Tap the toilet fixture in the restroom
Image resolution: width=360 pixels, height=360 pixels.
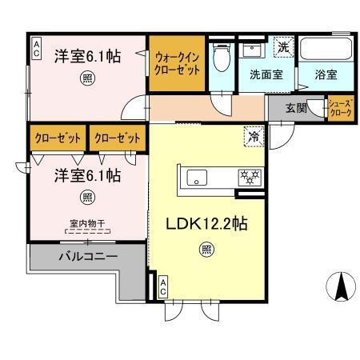222,58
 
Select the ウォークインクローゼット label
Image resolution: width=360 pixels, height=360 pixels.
178,64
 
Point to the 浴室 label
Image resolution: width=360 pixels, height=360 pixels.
325,74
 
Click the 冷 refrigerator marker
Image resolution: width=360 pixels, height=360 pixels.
254,138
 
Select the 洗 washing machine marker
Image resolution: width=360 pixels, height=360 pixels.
282,47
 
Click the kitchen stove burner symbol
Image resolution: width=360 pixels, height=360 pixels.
247,176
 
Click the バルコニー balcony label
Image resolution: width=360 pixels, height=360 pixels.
88,258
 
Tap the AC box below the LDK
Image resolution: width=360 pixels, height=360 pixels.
163,286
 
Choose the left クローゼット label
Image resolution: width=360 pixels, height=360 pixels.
58,138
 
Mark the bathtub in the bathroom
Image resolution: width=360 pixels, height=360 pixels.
328,51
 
